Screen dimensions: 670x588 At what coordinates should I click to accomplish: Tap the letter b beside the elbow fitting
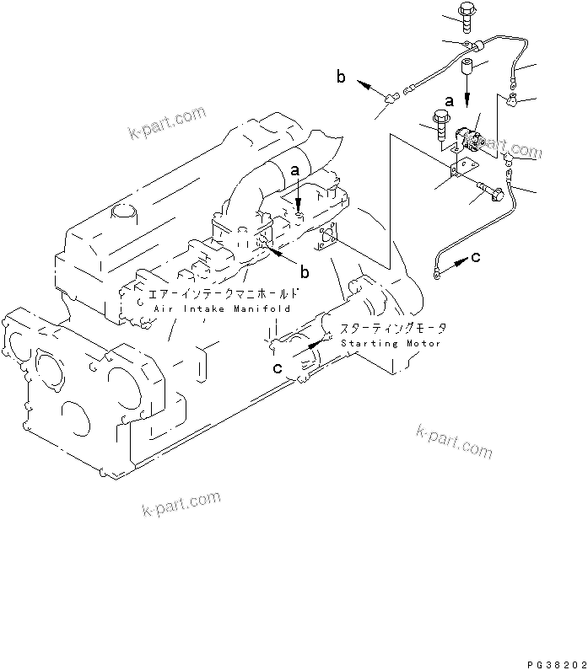coord(341,78)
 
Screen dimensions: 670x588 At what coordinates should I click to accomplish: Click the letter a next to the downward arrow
coord(450,100)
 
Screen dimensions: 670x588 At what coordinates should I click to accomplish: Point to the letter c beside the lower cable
coord(477,257)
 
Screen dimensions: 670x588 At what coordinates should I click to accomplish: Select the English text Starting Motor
coord(391,344)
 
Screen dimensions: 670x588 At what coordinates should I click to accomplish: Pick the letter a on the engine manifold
coord(295,170)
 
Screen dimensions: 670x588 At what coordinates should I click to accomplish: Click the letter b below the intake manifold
coord(305,271)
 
